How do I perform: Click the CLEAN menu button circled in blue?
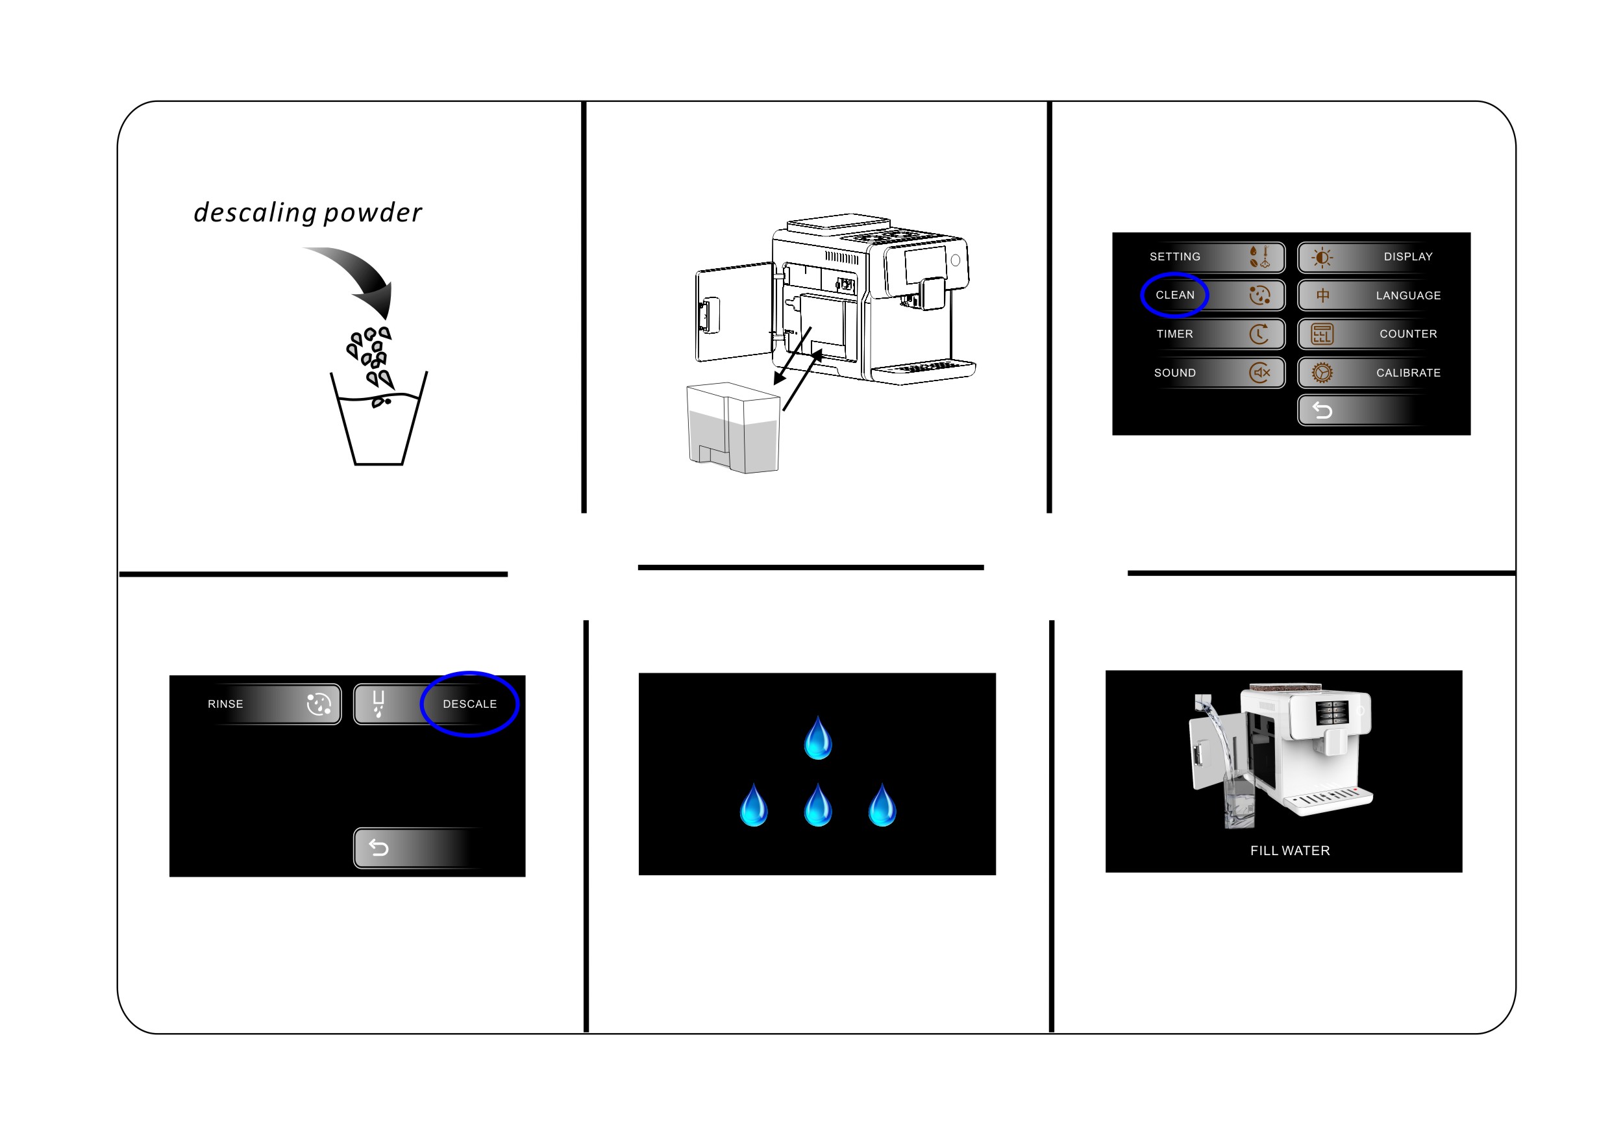tap(1213, 295)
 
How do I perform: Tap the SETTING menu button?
tap(1213, 256)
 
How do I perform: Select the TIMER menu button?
tap(1213, 334)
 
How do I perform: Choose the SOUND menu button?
tap(1213, 373)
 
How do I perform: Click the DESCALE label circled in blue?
tap(470, 704)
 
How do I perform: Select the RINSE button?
tap(273, 704)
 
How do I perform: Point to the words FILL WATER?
tap(1289, 850)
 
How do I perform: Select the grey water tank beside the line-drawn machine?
tap(733, 428)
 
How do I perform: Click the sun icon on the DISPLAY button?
tap(1322, 257)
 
